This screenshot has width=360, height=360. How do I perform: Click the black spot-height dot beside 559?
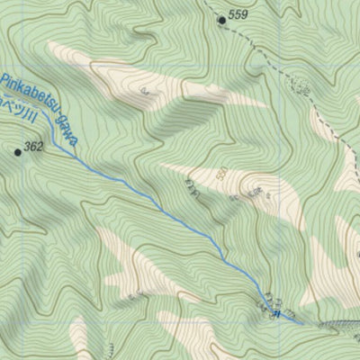[221, 17]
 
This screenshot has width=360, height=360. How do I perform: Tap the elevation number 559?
[238, 15]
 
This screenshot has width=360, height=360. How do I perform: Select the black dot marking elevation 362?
[17, 152]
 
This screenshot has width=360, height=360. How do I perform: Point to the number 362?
[34, 147]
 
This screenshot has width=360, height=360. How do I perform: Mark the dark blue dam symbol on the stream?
[276, 314]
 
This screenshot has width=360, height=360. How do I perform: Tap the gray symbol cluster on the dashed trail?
[302, 90]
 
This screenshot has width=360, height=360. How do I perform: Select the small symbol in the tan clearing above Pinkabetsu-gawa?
[144, 91]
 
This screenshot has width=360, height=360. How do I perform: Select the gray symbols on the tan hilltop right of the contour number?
[257, 192]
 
